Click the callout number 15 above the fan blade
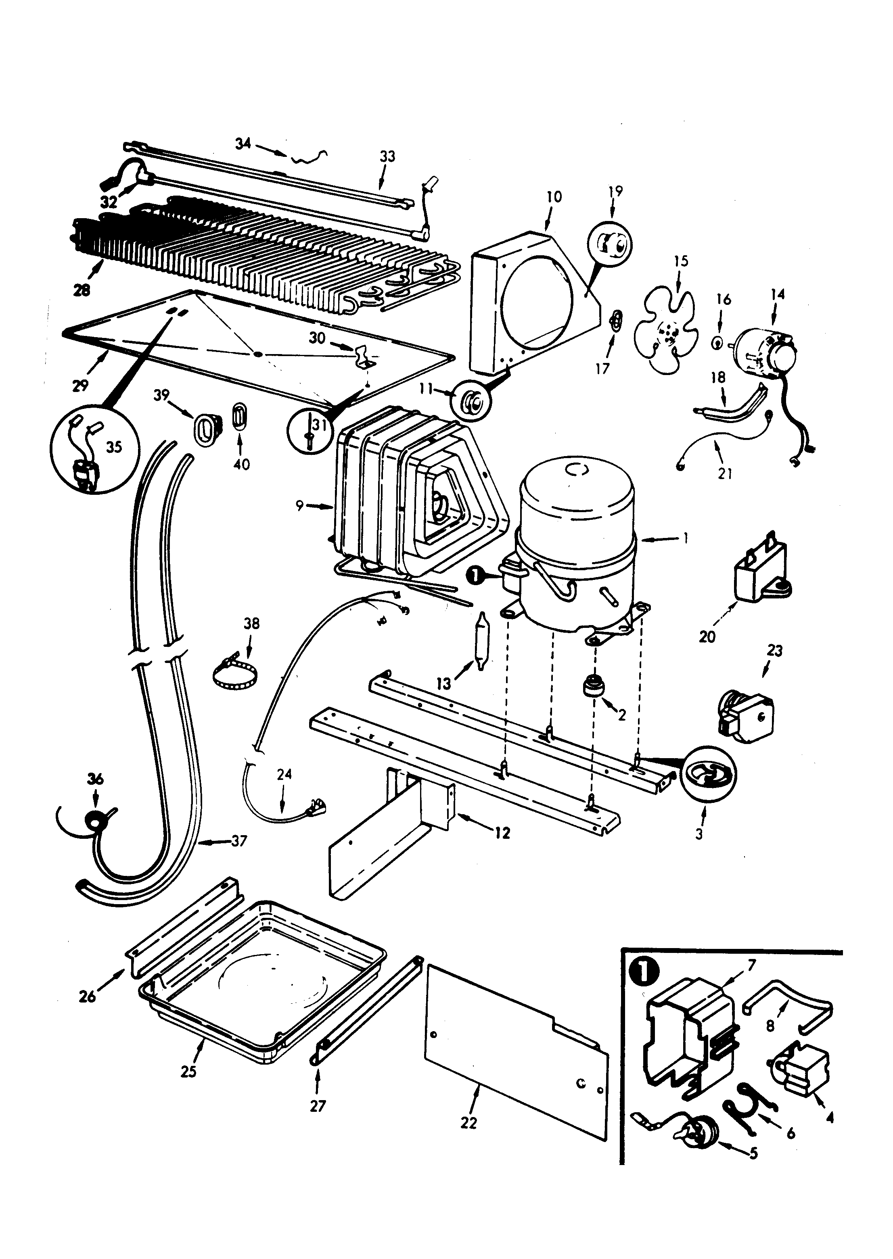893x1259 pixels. pos(681,261)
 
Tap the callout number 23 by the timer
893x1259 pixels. pos(774,650)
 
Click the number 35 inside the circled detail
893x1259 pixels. pos(114,447)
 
